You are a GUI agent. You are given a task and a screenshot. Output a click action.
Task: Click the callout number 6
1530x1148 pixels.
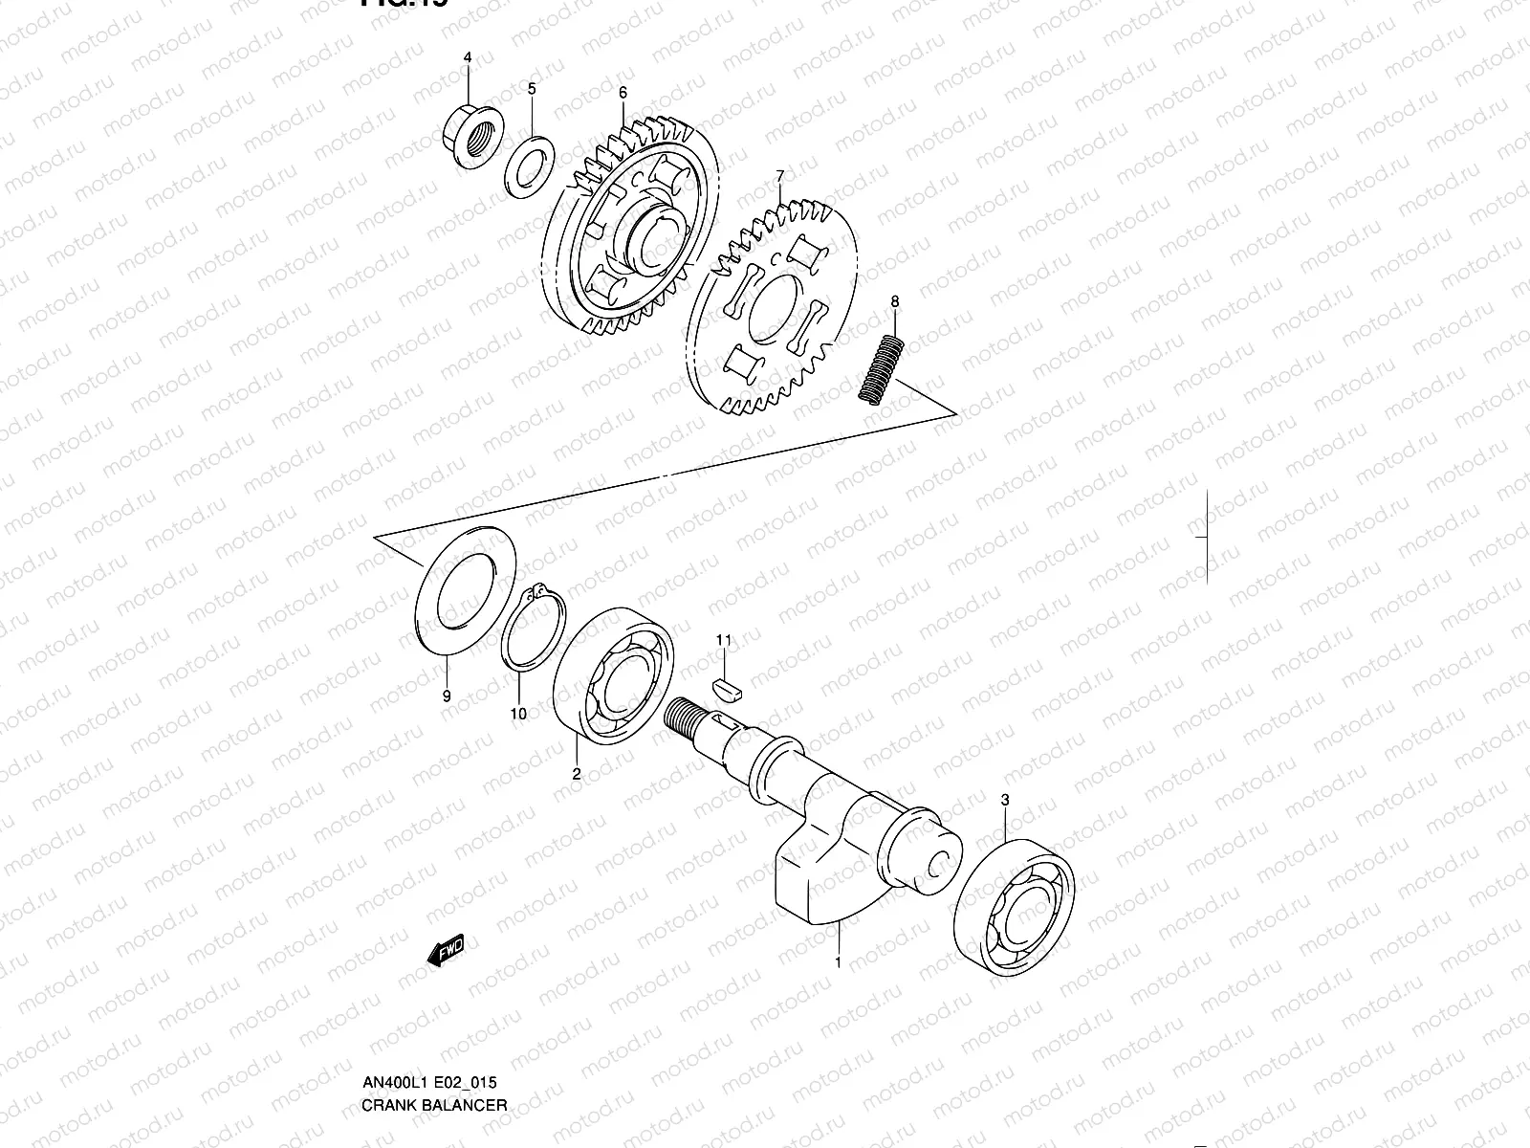pos(623,93)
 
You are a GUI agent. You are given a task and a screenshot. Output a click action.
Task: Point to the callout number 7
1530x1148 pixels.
pos(779,175)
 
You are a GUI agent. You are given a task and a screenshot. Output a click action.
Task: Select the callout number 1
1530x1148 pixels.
pos(838,962)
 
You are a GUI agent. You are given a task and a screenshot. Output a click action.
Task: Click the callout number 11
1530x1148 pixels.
pos(724,639)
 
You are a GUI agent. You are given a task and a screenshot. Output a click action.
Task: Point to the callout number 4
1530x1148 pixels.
pos(468,57)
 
